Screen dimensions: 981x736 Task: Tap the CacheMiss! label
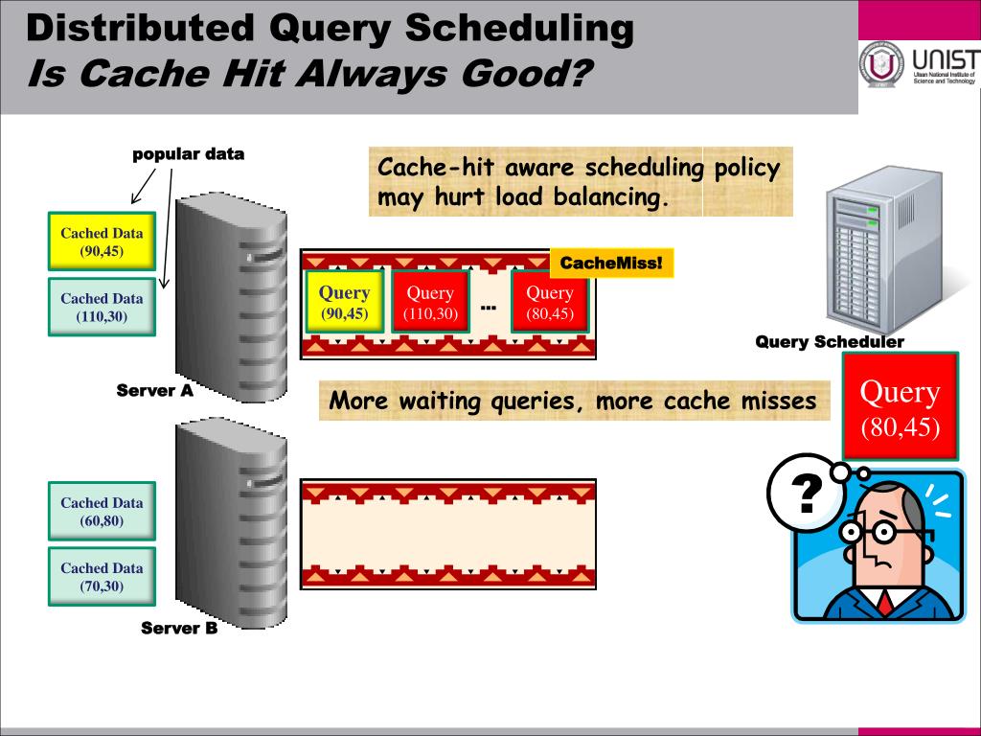tap(611, 263)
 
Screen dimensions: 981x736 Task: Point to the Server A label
tap(155, 391)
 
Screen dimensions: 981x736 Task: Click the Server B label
tap(179, 629)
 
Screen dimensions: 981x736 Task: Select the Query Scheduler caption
tap(830, 342)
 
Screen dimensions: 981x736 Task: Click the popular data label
tap(188, 153)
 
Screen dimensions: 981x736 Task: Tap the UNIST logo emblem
tap(881, 66)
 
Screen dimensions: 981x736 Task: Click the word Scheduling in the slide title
tap(518, 30)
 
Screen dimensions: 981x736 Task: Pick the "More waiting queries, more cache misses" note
tap(574, 401)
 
